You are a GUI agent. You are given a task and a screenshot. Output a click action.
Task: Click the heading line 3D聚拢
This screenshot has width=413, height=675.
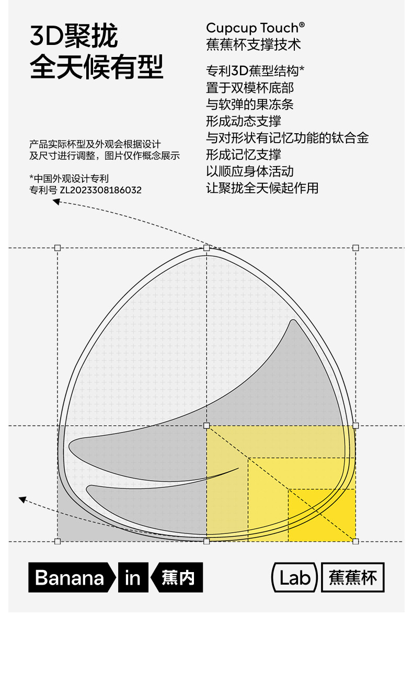74,36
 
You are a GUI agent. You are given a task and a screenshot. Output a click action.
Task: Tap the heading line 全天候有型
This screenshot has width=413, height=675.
97,66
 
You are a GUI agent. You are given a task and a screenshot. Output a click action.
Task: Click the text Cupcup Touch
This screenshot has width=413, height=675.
255,28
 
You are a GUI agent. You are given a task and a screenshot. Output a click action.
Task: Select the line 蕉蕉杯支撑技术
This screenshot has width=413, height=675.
254,44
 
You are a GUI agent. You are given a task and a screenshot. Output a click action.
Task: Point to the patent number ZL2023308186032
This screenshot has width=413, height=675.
101,190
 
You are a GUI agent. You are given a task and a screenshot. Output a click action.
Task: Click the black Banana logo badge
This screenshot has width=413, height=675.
72,577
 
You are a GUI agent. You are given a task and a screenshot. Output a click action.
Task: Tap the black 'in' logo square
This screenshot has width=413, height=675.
133,577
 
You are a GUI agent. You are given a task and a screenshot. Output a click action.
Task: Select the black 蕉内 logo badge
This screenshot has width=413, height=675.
177,577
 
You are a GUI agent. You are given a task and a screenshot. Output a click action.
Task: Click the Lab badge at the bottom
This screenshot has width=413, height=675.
294,577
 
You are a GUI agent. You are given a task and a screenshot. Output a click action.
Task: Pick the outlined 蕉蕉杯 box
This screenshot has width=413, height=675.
353,577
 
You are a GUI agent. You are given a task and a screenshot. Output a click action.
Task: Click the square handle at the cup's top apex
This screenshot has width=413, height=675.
206,248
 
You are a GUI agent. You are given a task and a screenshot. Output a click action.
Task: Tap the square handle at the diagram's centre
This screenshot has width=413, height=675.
206,425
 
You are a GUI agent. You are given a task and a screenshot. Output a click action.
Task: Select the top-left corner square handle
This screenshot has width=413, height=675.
58,248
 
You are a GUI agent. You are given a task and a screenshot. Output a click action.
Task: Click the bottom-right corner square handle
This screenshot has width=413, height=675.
355,541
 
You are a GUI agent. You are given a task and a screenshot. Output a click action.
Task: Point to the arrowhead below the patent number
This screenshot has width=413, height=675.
56,202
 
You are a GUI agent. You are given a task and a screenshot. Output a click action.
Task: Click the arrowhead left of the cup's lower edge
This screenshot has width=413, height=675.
22,499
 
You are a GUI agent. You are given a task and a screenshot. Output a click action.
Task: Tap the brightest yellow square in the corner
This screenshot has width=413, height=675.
322,515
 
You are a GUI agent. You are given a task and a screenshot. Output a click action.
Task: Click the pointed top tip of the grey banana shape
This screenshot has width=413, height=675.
293,320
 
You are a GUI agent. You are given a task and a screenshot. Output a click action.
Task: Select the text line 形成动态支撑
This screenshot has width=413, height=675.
244,121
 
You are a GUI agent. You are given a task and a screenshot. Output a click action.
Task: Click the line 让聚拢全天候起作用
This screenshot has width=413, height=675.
262,188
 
